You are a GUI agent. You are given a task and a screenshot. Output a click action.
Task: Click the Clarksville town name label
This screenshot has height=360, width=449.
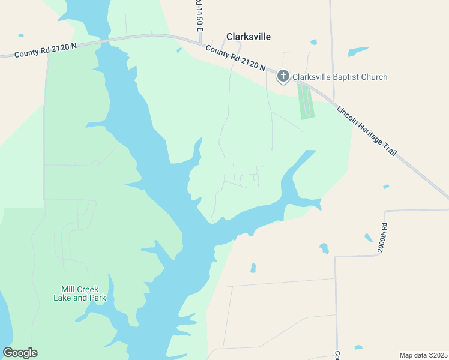[x=248, y=37]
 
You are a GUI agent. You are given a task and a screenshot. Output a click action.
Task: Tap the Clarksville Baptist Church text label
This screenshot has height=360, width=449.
[x=339, y=77]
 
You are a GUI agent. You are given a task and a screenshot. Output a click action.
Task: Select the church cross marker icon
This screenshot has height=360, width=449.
[x=283, y=76]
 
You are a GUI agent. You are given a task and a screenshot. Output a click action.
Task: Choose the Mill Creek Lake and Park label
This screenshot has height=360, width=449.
[x=79, y=293]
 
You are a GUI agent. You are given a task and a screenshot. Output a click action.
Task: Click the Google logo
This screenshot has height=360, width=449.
[x=20, y=352]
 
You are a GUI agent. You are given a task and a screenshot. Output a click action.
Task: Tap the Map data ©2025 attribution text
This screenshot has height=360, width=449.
[x=423, y=355]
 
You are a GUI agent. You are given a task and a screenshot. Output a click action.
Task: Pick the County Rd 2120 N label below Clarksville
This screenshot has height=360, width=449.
[x=235, y=58]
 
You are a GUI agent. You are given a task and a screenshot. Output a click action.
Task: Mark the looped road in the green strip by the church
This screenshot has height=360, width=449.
[x=306, y=100]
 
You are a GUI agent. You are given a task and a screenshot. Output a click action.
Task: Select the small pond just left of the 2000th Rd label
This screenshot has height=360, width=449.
[x=368, y=238]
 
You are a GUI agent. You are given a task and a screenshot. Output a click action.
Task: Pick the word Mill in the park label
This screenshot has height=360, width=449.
[x=68, y=289]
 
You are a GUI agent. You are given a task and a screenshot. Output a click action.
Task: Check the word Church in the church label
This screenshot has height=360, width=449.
[x=375, y=77]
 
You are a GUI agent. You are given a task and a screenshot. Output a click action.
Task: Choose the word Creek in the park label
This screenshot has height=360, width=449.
[x=88, y=289]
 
